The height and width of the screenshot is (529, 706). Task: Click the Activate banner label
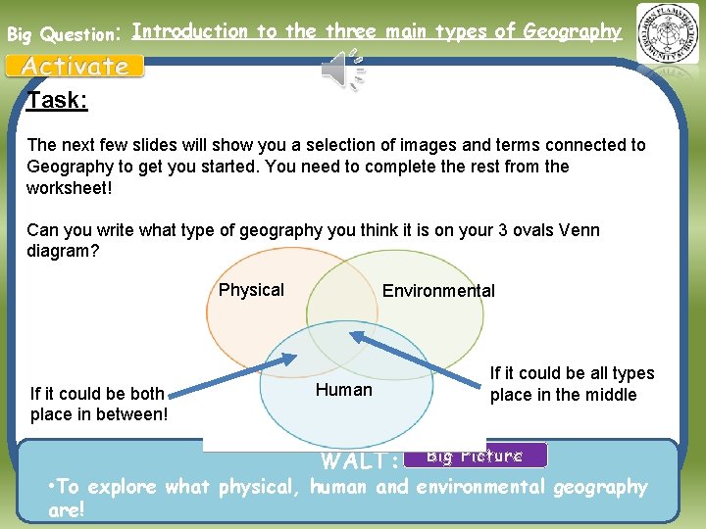tap(76, 67)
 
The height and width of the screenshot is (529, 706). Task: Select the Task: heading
tap(57, 100)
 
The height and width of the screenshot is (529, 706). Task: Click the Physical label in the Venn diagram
tap(251, 290)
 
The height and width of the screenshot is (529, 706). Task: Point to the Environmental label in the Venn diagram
tap(438, 291)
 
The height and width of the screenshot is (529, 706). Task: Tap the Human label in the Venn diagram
tap(343, 390)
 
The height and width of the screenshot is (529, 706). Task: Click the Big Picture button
tap(475, 455)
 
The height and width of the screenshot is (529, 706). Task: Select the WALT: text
tap(360, 460)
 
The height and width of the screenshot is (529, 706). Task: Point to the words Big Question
tap(61, 34)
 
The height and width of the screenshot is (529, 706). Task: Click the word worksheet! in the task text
tap(69, 187)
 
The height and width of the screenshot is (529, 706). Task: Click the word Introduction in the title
tap(189, 31)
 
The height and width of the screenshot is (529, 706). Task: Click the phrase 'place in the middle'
tap(563, 395)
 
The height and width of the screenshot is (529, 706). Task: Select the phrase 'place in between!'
tap(99, 414)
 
